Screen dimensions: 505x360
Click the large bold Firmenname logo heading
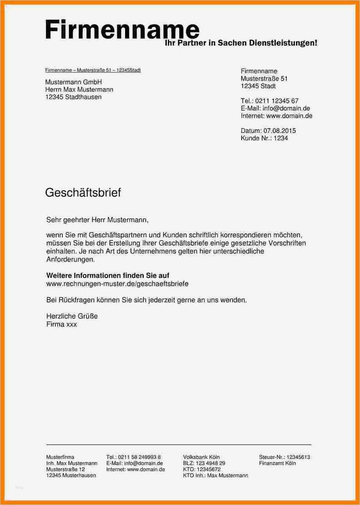pyautogui.click(x=122, y=30)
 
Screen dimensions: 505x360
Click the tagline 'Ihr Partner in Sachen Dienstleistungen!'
pyautogui.click(x=242, y=43)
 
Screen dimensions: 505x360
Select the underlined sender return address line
pyautogui.click(x=93, y=70)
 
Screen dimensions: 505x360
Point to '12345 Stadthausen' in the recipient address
pyautogui.click(x=73, y=97)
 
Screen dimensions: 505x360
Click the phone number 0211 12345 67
pyautogui.click(x=277, y=101)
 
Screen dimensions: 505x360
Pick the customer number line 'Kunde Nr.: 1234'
pyautogui.click(x=264, y=138)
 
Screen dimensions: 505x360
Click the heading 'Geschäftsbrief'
pyautogui.click(x=83, y=192)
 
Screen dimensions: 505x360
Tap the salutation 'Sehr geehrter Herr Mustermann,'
pyautogui.click(x=97, y=220)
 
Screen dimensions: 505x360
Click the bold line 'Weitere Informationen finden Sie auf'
pyautogui.click(x=108, y=275)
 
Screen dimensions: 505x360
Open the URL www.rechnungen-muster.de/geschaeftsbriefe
pyautogui.click(x=117, y=284)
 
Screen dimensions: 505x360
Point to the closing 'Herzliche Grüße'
pyautogui.click(x=72, y=316)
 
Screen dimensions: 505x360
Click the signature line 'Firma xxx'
pyautogui.click(x=62, y=324)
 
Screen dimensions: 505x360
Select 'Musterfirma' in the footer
pyautogui.click(x=60, y=457)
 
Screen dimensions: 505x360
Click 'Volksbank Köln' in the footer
pyautogui.click(x=201, y=457)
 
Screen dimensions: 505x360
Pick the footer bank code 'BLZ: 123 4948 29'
pyautogui.click(x=204, y=463)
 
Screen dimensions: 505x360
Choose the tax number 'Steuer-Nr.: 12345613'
pyautogui.click(x=284, y=457)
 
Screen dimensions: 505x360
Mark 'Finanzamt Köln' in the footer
pyautogui.click(x=277, y=463)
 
